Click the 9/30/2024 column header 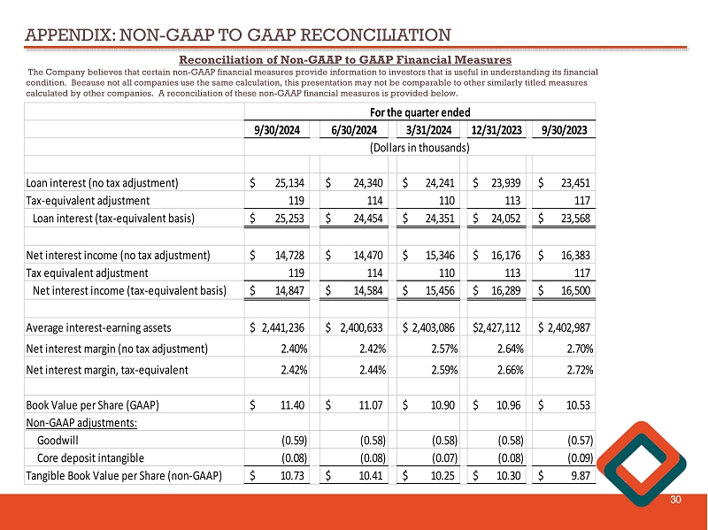278,130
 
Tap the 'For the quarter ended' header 419,112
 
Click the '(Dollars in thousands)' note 419,148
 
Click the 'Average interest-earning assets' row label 104,326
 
